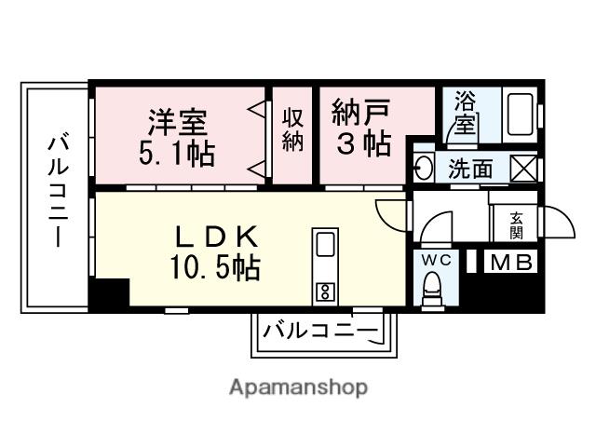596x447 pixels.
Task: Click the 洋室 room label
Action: [x=175, y=121]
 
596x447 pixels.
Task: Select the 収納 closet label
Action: [x=293, y=131]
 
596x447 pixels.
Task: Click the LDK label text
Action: [x=213, y=237]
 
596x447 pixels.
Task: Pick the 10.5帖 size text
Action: [x=214, y=268]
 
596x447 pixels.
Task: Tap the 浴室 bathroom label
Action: [x=464, y=115]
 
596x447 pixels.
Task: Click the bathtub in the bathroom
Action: [x=518, y=115]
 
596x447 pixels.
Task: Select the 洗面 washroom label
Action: [x=470, y=169]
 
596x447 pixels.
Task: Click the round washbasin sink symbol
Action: [x=422, y=169]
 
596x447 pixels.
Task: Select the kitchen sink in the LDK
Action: [x=325, y=245]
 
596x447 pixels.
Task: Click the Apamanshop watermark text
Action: [x=298, y=387]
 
